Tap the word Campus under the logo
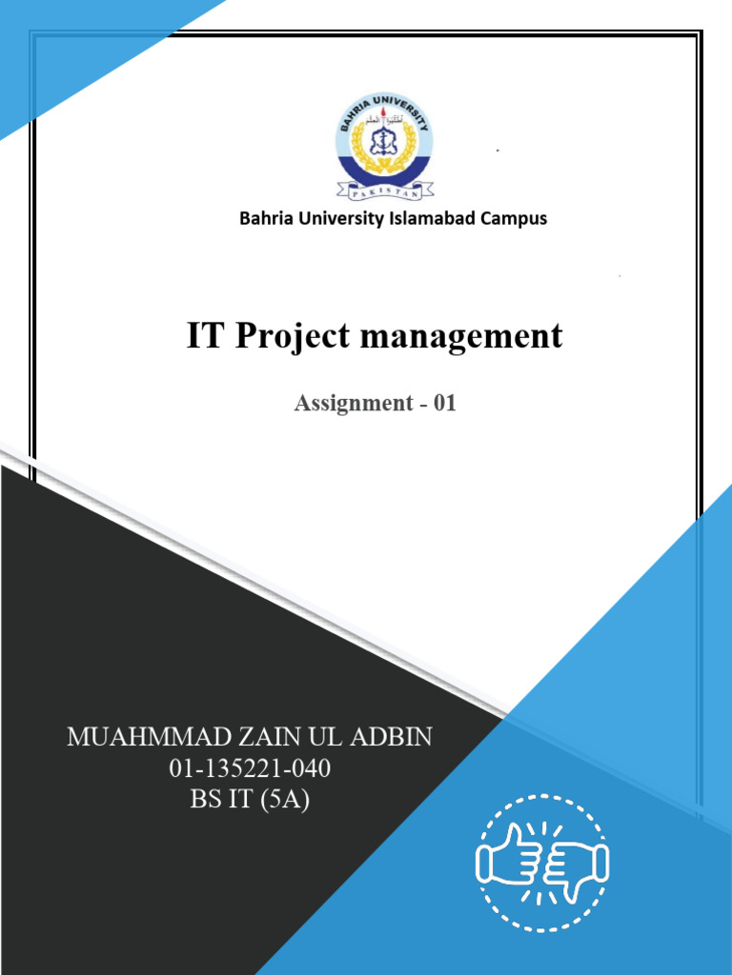point(516,218)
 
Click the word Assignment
point(353,403)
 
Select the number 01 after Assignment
point(445,403)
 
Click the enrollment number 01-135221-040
point(250,768)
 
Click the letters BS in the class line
point(206,800)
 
